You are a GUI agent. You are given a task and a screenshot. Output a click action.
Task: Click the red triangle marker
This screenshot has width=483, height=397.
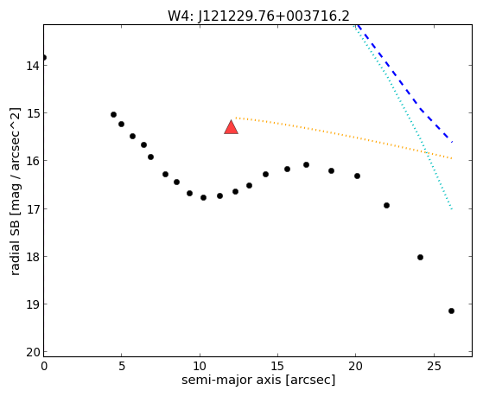coord(231,127)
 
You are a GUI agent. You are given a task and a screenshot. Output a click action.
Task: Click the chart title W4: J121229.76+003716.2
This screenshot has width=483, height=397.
coord(258,16)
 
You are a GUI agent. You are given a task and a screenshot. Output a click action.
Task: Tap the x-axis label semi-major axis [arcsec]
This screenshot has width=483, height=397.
coord(258,380)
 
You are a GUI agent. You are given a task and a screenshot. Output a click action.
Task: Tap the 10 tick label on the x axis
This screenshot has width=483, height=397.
coord(200,366)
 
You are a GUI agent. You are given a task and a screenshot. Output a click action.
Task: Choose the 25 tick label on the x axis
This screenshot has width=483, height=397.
coord(434,366)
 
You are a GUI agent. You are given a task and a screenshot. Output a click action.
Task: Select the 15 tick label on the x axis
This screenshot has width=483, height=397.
coord(277,366)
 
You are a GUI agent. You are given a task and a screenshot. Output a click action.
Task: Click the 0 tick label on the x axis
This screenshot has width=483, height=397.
coord(44,366)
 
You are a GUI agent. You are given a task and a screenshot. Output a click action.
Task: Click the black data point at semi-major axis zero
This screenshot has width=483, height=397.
coord(44,57)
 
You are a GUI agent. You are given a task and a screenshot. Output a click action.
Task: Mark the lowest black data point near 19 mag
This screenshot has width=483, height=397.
coord(451,311)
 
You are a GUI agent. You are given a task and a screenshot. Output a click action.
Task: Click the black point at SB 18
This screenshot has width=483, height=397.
coord(420,257)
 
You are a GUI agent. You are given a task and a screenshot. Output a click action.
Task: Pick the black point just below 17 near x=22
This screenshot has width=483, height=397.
coord(386,206)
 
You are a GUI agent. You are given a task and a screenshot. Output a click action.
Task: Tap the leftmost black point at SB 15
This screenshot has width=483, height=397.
coord(113,115)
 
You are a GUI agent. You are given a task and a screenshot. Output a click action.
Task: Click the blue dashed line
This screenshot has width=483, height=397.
coord(403,84)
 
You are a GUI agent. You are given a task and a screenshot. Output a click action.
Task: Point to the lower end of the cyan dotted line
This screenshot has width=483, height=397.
coord(452,209)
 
